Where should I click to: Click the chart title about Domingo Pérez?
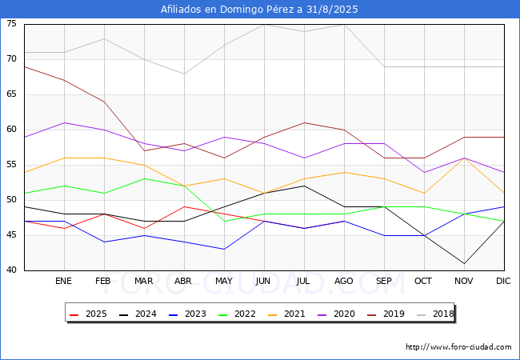click(259, 10)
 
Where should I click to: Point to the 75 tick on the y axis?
click(12, 24)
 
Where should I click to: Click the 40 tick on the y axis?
click(12, 270)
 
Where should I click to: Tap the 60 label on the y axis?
click(12, 130)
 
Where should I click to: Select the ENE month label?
click(64, 282)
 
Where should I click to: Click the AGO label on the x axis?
click(344, 282)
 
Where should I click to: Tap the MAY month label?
click(224, 282)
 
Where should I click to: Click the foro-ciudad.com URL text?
click(458, 347)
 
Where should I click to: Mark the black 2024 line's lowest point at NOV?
click(464, 263)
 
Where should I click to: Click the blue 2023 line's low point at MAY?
click(224, 249)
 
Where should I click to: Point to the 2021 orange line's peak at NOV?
click(464, 158)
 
